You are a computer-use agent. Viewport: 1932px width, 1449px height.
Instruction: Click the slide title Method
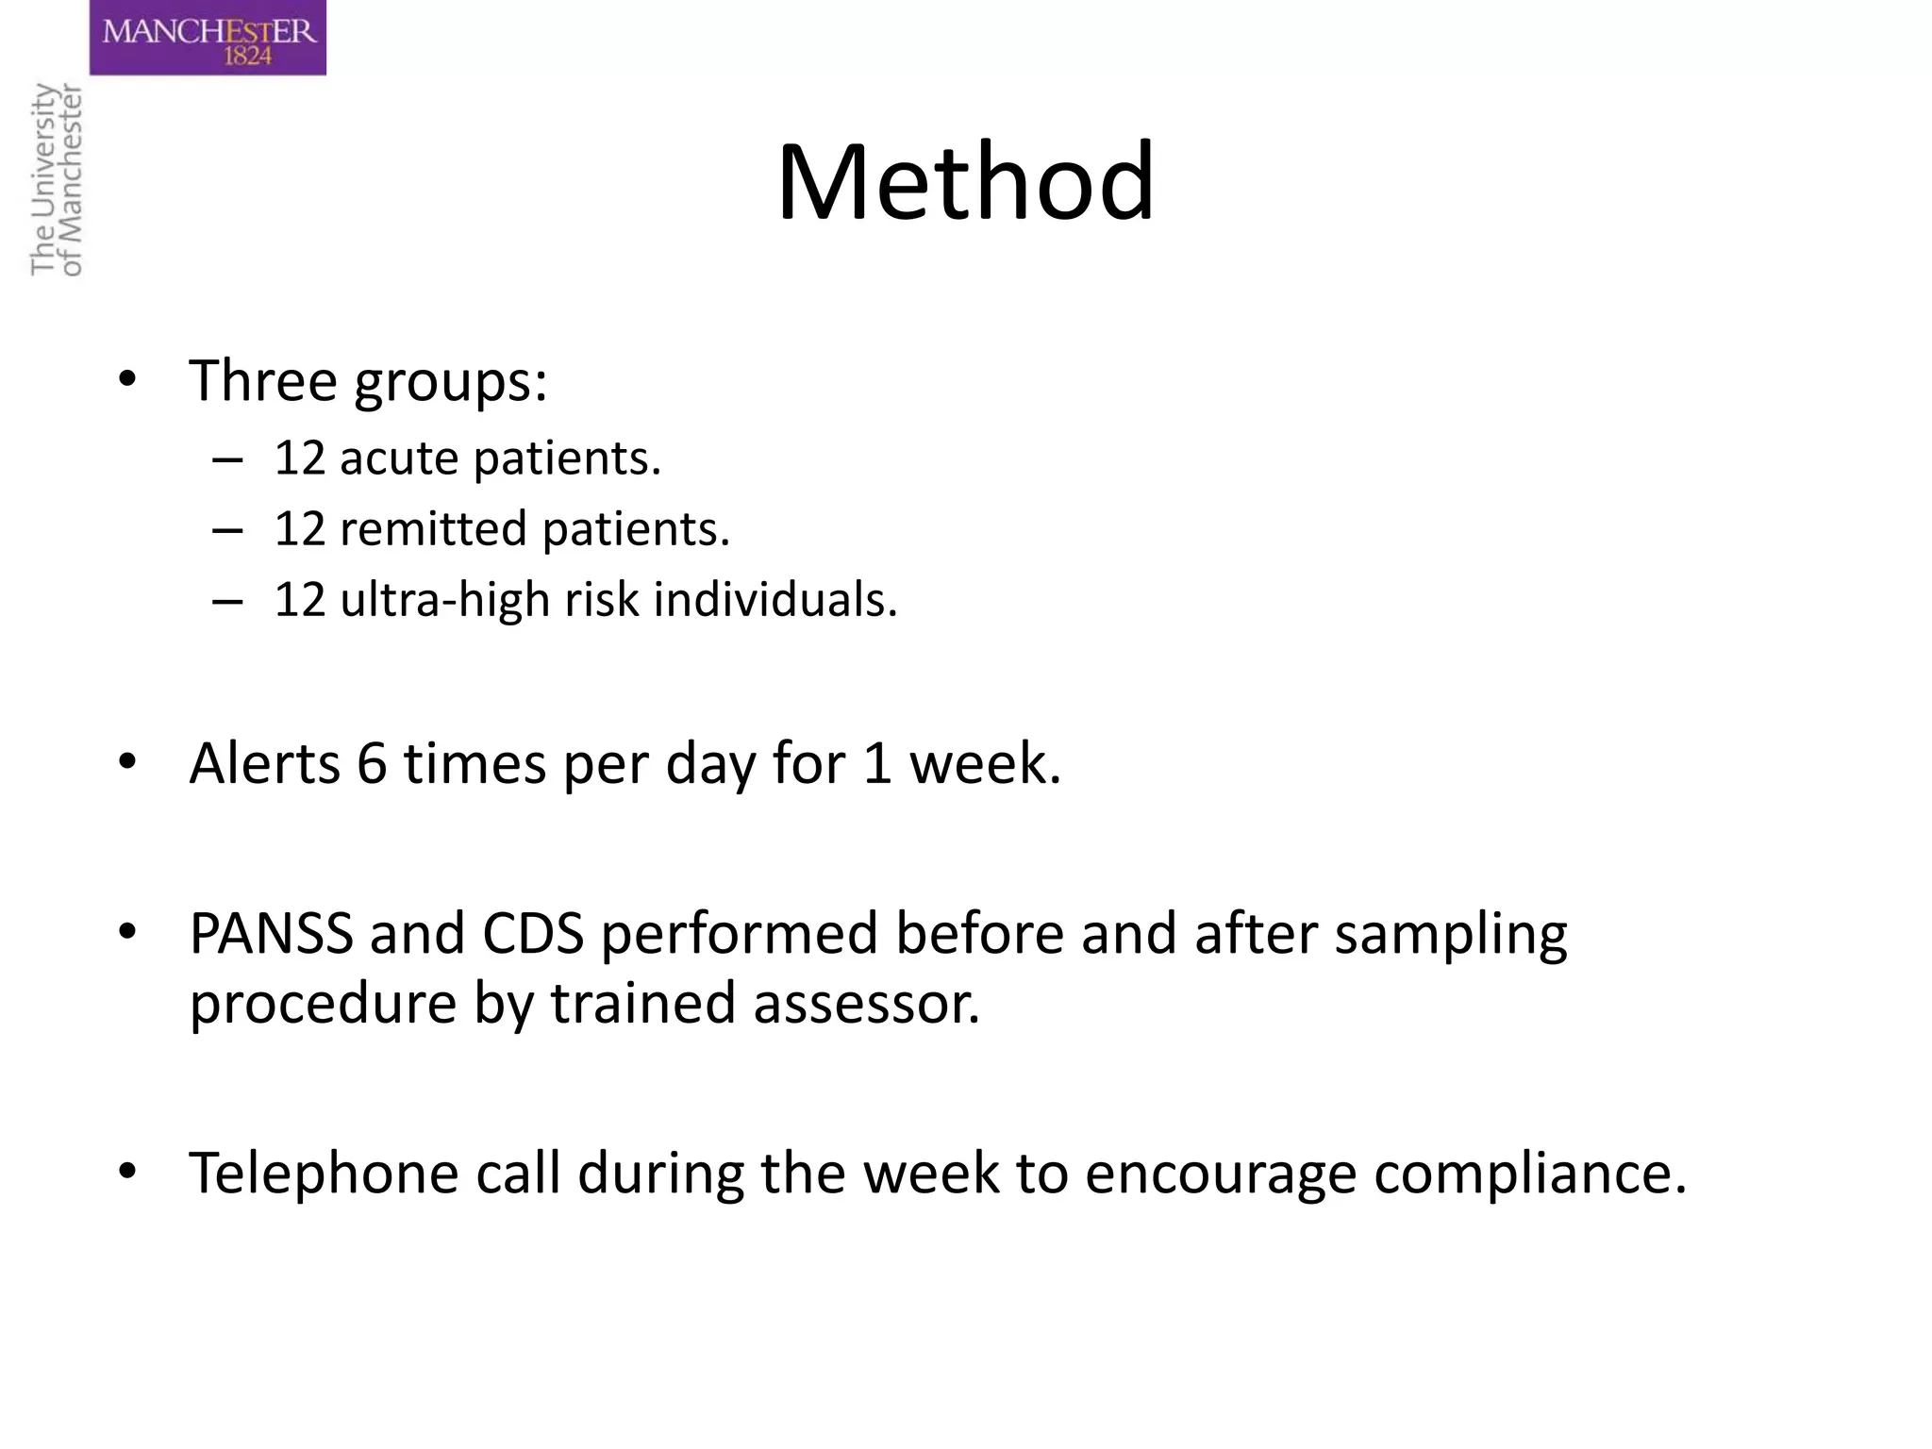[x=965, y=181]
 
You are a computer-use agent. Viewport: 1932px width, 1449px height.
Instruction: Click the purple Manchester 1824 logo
[x=208, y=38]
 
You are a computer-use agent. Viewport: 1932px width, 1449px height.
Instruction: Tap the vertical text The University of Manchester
[x=57, y=179]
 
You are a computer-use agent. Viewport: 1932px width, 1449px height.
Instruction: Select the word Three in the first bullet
[x=262, y=380]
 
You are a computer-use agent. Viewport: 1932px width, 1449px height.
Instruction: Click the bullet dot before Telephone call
[x=127, y=1172]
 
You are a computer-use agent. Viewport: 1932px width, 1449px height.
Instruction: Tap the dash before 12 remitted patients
[x=227, y=530]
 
